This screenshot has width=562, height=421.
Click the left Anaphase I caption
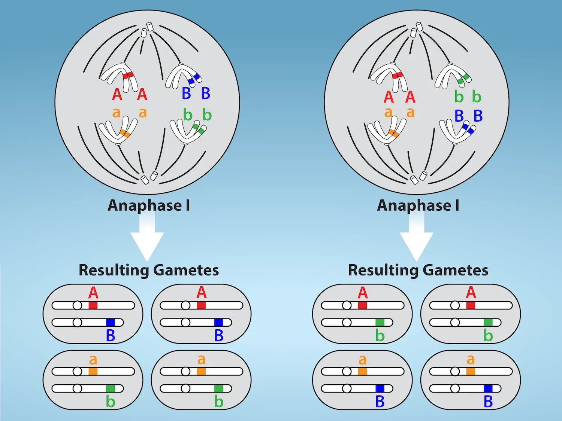point(149,205)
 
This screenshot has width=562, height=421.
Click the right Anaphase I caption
point(418,205)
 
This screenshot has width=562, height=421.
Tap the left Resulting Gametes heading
point(149,270)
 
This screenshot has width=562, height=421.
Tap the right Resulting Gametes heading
point(418,270)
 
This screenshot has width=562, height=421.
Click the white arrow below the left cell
point(147,240)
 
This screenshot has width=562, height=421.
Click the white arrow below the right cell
point(416,240)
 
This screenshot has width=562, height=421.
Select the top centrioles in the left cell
point(147,30)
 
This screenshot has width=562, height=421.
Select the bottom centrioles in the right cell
point(418,177)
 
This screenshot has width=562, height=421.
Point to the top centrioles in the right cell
point(416,30)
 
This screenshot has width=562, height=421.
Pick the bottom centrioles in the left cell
point(149,177)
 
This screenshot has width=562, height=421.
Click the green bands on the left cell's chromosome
point(198,129)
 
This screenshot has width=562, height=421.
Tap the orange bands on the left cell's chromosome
point(125,133)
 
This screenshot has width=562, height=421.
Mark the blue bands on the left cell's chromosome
point(194,79)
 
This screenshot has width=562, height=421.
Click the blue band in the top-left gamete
point(111,322)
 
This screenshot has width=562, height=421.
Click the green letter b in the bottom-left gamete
point(110,402)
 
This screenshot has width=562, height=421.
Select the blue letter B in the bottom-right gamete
point(488,402)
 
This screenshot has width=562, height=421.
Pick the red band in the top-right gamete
point(471,305)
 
